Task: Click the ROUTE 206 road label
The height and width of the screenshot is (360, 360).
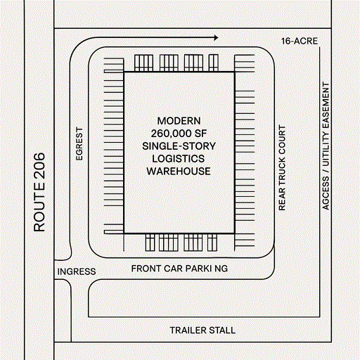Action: tap(39, 192)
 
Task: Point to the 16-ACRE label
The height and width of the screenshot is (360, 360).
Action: tap(299, 41)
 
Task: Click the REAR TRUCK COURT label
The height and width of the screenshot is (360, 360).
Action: tap(283, 169)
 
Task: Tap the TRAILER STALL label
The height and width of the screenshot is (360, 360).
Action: tap(202, 330)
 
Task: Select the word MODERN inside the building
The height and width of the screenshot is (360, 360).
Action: tap(180, 120)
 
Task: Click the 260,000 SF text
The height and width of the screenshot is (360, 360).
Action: tap(180, 133)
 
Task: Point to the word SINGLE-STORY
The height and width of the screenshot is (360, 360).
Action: tap(180, 146)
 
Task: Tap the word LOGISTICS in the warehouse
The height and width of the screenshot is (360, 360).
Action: tap(180, 158)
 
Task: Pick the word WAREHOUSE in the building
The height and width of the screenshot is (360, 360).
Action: tap(180, 171)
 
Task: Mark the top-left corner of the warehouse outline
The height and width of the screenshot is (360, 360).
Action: tap(124, 72)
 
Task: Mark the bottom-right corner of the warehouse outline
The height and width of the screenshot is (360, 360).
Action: tap(235, 233)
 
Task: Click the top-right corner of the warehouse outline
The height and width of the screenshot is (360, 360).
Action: tap(235, 72)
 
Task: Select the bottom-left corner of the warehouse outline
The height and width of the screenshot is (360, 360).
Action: tap(124, 233)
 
